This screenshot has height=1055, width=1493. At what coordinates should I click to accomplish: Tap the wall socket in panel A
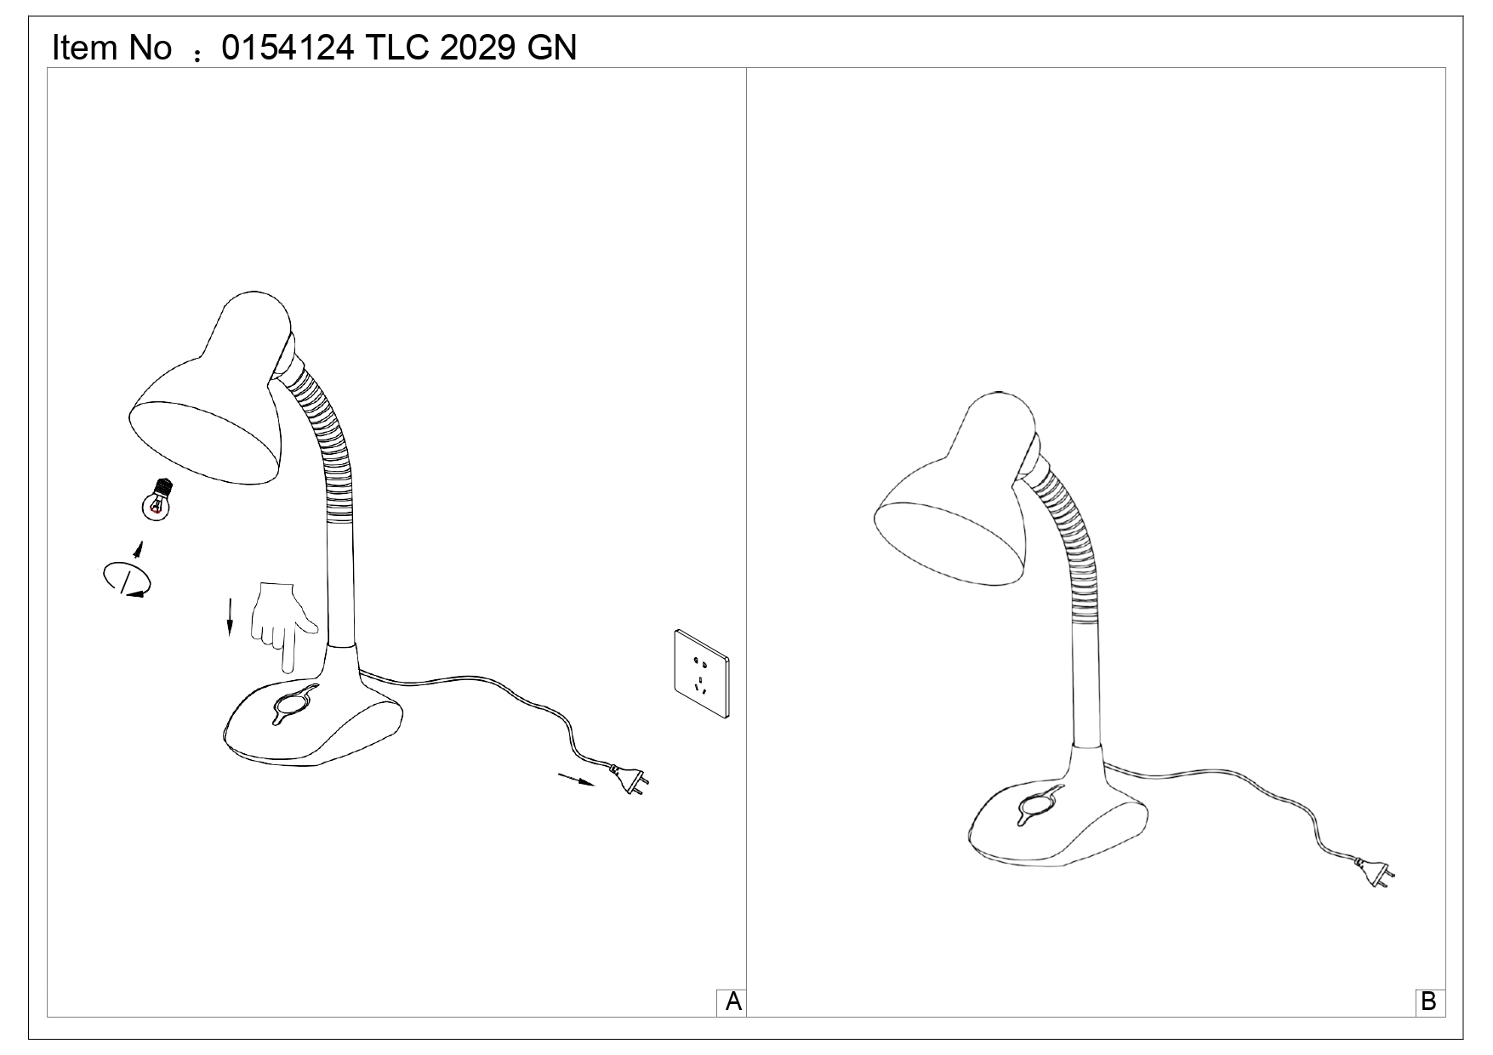(x=702, y=673)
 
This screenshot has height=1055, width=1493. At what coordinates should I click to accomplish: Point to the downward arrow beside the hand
(x=229, y=616)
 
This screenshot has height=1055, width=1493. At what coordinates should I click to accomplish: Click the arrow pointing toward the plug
(x=576, y=779)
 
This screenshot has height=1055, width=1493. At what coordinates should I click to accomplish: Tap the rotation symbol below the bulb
(x=126, y=579)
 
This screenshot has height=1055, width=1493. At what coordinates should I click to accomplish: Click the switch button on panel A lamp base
(x=293, y=704)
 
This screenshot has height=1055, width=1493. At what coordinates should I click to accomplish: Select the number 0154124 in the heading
(x=288, y=48)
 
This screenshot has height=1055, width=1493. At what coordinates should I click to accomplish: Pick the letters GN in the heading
(x=551, y=48)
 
